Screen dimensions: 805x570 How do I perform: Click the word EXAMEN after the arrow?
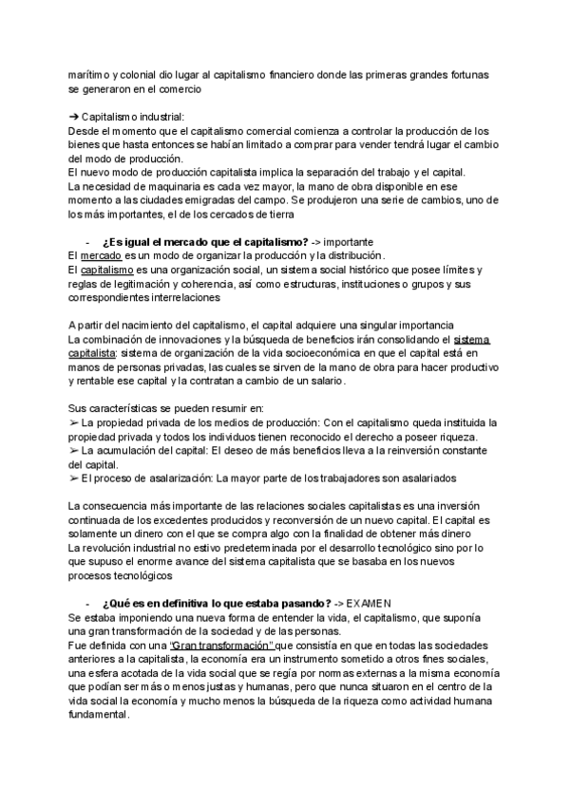pyautogui.click(x=368, y=604)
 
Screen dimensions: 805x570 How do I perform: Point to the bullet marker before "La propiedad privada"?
pyautogui.click(x=75, y=422)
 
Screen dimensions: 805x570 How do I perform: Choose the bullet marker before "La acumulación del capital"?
pyautogui.click(x=75, y=450)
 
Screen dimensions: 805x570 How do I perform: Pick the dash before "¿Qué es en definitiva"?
pyautogui.click(x=86, y=604)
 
